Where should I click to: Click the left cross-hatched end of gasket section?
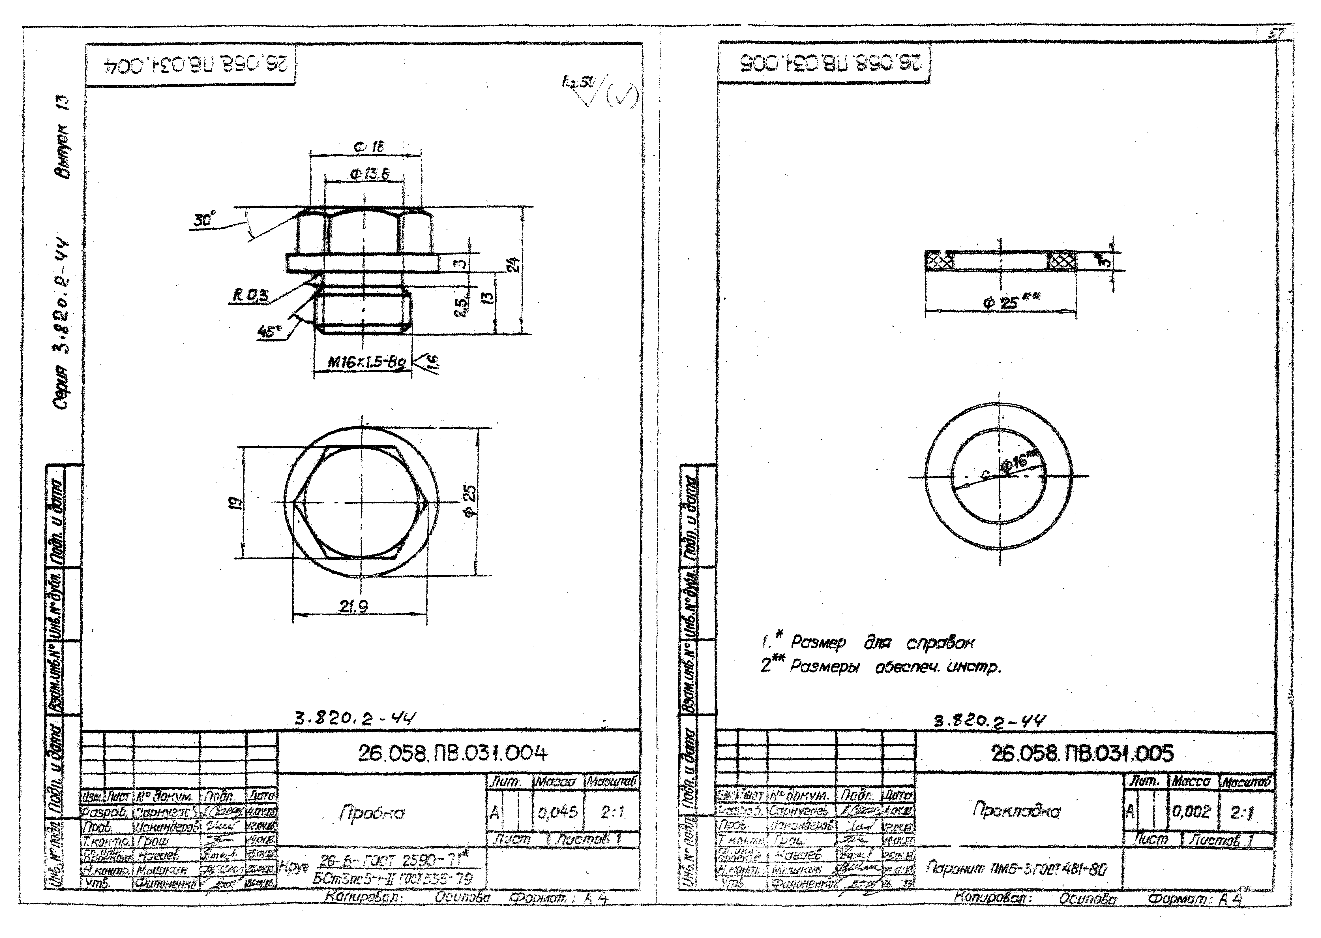pos(939,261)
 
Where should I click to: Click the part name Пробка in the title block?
pos(372,813)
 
